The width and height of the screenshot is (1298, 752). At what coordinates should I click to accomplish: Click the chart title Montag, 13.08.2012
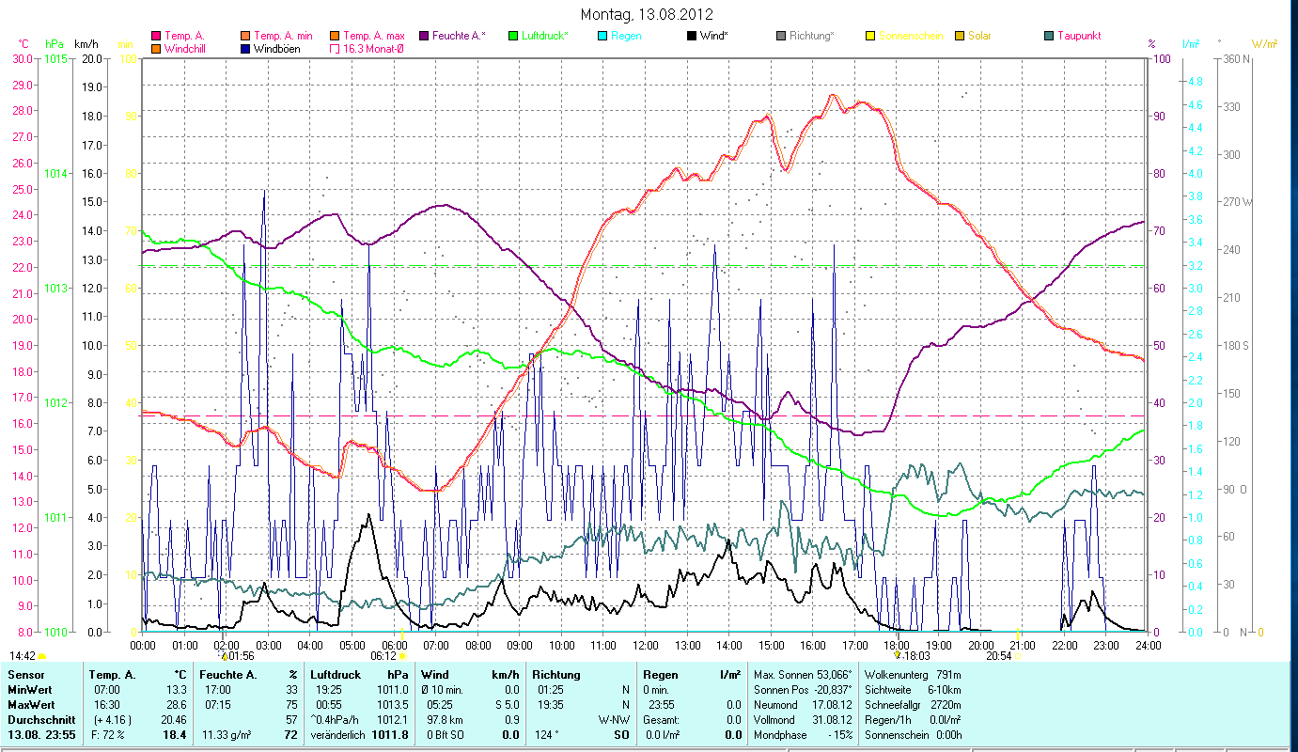coord(647,14)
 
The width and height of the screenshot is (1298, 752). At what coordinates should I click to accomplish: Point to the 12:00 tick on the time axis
coord(646,645)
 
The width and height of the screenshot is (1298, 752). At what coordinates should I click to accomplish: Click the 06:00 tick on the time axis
coord(394,645)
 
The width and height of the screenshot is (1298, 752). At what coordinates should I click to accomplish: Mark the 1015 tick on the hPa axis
coord(55,58)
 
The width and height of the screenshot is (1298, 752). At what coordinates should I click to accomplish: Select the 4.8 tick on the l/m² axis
coord(1195,82)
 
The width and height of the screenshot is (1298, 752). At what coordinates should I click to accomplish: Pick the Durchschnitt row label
coord(38,718)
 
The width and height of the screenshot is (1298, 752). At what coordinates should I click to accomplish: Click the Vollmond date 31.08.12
coord(832,718)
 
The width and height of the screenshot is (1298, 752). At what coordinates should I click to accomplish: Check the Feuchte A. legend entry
coord(459,36)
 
